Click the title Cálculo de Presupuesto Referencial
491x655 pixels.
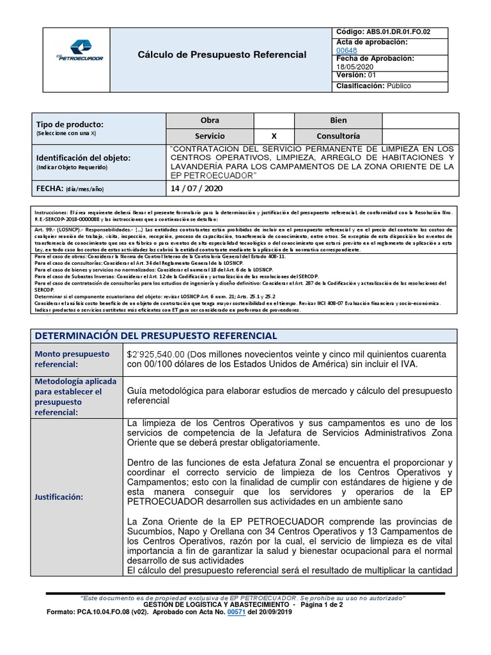[x=222, y=55]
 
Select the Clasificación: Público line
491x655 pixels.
[x=373, y=86]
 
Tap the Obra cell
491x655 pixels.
[x=210, y=121]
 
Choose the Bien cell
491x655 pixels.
[x=338, y=121]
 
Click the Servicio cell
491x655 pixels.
[x=210, y=136]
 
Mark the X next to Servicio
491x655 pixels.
[x=274, y=136]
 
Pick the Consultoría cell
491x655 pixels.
[x=338, y=136]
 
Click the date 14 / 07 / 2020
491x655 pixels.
[x=196, y=189]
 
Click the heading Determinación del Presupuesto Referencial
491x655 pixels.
[x=155, y=336]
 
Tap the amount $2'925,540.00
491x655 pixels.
[x=157, y=354]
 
